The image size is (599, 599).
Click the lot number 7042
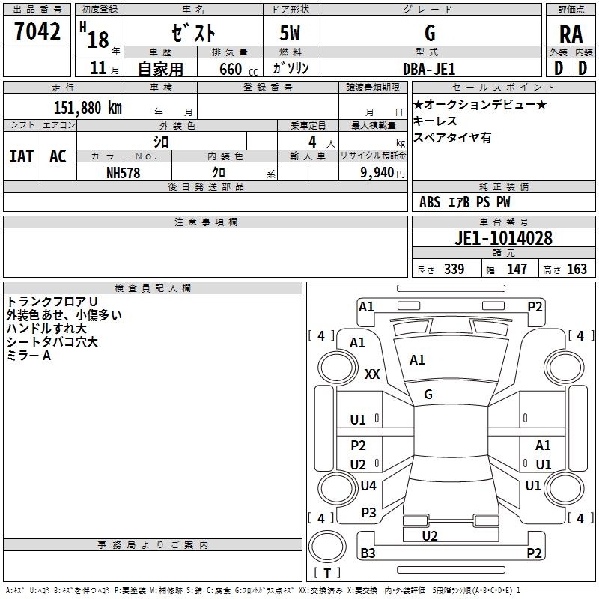pos(37,31)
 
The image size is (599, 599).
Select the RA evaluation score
pos(571,34)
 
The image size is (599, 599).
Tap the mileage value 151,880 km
pos(88,108)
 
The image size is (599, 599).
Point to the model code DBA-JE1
pos(429,69)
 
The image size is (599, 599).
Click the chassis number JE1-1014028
pos(503,238)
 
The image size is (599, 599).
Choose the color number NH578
pos(123,173)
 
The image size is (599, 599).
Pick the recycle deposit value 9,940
pos(377,173)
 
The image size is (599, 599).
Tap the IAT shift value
pos(21,156)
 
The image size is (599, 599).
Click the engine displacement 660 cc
pos(238,70)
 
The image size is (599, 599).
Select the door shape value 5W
pos(290,33)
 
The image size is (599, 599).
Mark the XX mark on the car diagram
pos(372,374)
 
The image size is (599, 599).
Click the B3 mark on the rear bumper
pos(368,553)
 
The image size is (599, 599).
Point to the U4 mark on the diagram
pos(368,485)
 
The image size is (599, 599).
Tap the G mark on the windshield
pos(428,395)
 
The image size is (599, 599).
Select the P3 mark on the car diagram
pos(368,513)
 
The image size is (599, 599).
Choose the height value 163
pos(577,270)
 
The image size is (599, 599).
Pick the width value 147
pos(517,270)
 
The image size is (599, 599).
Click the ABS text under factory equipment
pos(430,202)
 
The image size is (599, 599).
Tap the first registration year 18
pos(98,40)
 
